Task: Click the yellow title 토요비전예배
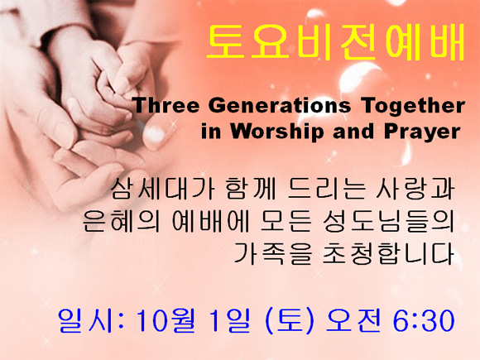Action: click(336, 42)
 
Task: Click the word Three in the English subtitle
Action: click(167, 105)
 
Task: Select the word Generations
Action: click(280, 105)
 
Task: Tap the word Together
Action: click(412, 106)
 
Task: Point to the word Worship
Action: click(277, 132)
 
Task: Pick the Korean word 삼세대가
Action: click(162, 189)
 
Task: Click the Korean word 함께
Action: click(250, 189)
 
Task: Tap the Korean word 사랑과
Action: click(414, 189)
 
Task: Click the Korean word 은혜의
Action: click(121, 221)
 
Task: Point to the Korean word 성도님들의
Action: click(388, 221)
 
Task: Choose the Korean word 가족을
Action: click(273, 253)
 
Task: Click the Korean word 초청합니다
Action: click(388, 253)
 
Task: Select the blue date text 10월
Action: click(166, 321)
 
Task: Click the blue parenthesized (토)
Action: click(290, 321)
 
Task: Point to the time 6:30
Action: click(424, 321)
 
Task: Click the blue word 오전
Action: click(353, 321)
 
